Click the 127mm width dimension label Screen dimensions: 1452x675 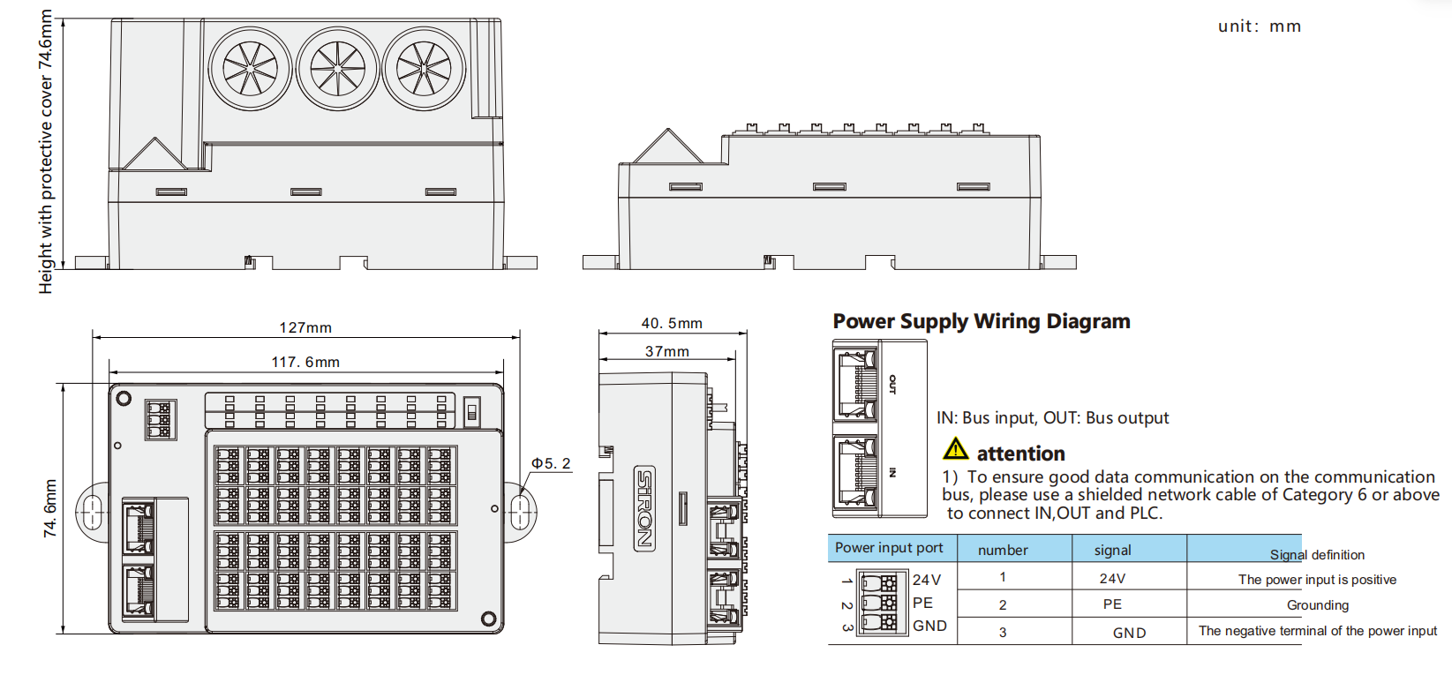click(x=305, y=327)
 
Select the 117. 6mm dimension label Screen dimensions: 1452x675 click(x=305, y=362)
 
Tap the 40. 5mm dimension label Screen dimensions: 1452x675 click(x=672, y=323)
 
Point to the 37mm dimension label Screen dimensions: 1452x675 click(x=667, y=352)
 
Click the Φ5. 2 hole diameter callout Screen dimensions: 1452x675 click(x=551, y=463)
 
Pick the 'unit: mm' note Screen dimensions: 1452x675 click(x=1260, y=26)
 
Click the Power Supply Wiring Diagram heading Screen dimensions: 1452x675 click(x=982, y=321)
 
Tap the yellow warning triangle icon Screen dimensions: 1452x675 click(x=955, y=449)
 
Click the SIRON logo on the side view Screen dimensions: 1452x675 click(x=644, y=508)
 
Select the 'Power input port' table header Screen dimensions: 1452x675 click(x=889, y=548)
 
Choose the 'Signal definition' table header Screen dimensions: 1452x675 click(x=1317, y=555)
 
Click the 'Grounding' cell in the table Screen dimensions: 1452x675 click(x=1318, y=605)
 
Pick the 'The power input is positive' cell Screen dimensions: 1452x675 click(x=1317, y=580)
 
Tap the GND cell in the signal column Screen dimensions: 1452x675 click(x=1129, y=633)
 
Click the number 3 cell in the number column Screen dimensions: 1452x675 click(x=1003, y=633)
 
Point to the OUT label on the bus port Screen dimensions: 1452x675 click(x=892, y=384)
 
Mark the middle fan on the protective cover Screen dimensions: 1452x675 click(x=338, y=68)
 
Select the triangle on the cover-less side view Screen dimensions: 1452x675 click(x=667, y=146)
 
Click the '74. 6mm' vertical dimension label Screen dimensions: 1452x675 click(x=50, y=508)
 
